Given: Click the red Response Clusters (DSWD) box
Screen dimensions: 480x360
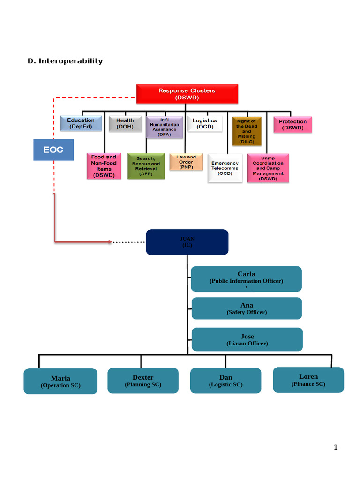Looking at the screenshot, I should (187, 94).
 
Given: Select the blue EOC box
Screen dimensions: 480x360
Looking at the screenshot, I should (53, 150).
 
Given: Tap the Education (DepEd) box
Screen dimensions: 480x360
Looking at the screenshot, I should (81, 123).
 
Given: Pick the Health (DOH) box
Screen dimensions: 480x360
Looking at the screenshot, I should (125, 123).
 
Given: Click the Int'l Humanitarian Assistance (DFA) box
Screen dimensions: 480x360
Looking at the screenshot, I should (164, 127).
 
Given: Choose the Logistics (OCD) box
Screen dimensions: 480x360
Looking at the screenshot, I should (205, 124).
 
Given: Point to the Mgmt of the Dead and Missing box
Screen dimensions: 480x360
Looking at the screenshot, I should (247, 131).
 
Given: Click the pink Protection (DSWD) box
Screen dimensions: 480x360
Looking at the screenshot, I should (292, 125).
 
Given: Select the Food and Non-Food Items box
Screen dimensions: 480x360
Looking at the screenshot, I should (104, 166).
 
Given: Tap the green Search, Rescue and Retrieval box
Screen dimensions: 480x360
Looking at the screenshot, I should (146, 166).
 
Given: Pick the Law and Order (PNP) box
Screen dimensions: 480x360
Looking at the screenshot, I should (186, 162).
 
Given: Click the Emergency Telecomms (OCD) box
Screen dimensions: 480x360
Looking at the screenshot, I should (225, 168).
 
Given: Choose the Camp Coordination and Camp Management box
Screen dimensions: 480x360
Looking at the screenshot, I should (268, 169).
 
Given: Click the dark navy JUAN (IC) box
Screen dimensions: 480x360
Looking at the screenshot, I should (187, 242).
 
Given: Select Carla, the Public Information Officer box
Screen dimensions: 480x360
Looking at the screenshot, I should (246, 278).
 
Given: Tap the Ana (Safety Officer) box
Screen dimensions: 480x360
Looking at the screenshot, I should (247, 308).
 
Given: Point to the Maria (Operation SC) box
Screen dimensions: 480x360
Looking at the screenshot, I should (60, 381).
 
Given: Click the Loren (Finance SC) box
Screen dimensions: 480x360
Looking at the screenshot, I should (308, 380).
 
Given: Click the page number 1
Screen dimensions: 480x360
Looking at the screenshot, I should (336, 447).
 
